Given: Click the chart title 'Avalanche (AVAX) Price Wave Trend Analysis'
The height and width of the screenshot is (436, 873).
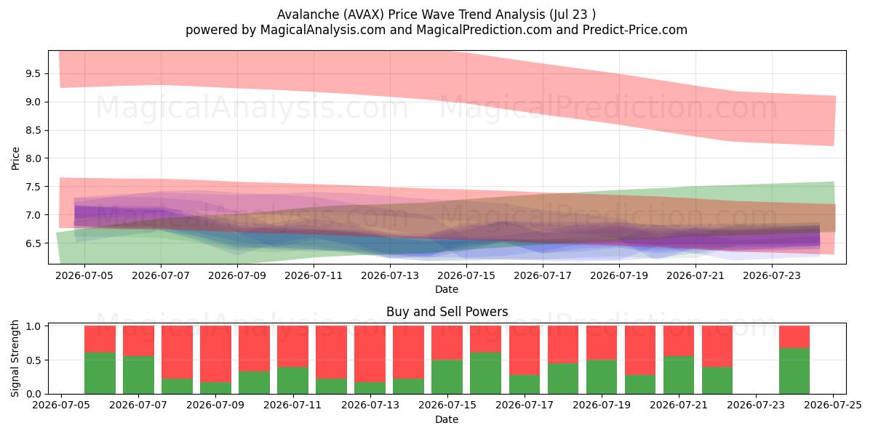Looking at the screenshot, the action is pyautogui.click(x=411, y=15).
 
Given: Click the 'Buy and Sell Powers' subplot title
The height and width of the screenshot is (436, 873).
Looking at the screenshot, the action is pyautogui.click(x=447, y=312).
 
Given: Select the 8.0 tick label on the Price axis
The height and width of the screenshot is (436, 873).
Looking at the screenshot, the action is pyautogui.click(x=33, y=158).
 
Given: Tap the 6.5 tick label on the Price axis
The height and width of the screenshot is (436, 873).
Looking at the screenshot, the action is pyautogui.click(x=33, y=243).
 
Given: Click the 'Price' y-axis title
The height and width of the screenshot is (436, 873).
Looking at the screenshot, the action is pyautogui.click(x=15, y=158).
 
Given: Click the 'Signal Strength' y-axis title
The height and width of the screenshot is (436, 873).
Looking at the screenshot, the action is pyautogui.click(x=15, y=358).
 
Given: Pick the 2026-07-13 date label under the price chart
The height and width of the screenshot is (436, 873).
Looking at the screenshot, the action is pyautogui.click(x=390, y=275).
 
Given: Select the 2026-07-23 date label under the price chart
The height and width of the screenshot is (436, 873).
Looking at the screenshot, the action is pyautogui.click(x=772, y=275).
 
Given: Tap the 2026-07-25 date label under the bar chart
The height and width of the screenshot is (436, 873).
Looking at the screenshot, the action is pyautogui.click(x=833, y=405).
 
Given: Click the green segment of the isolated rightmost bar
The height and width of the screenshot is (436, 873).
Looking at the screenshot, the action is pyautogui.click(x=794, y=371).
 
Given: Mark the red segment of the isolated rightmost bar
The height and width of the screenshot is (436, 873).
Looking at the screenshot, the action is pyautogui.click(x=794, y=337).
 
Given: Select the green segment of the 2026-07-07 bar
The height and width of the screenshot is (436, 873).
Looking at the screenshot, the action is pyautogui.click(x=139, y=375).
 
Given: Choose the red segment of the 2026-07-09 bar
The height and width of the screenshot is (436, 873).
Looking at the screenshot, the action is pyautogui.click(x=216, y=354).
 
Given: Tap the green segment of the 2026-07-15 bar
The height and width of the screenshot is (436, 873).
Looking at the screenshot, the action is pyautogui.click(x=447, y=377).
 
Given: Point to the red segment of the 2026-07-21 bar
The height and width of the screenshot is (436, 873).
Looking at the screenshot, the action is pyautogui.click(x=679, y=341).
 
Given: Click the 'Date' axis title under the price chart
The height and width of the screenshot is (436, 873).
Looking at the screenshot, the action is pyautogui.click(x=447, y=289).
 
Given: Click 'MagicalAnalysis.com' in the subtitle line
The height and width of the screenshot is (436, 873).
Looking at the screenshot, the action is pyautogui.click(x=323, y=30).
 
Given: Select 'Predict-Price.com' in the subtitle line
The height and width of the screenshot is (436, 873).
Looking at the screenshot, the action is pyautogui.click(x=635, y=30).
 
